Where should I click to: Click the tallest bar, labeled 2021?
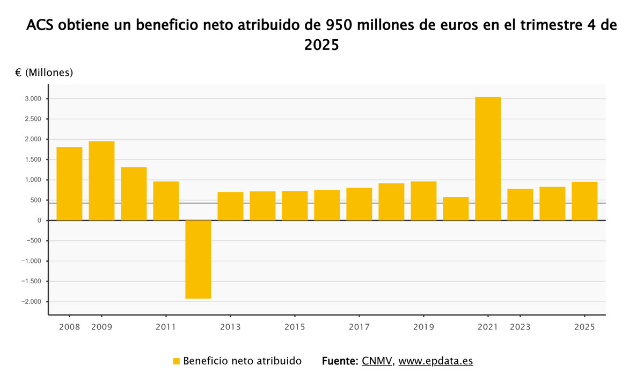(488, 159)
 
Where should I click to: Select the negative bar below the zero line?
(198, 259)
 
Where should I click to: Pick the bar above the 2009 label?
(101, 181)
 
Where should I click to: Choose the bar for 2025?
(584, 201)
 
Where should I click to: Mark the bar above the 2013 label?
(230, 206)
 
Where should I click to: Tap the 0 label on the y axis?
(39, 220)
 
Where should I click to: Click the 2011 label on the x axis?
(166, 327)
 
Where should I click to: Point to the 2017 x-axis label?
(359, 327)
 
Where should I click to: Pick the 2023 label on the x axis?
(520, 327)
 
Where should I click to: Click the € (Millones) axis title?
(44, 73)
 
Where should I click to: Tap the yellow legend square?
(176, 361)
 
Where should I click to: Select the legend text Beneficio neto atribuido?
(242, 361)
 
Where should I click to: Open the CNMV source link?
(377, 361)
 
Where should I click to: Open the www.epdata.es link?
(436, 361)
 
